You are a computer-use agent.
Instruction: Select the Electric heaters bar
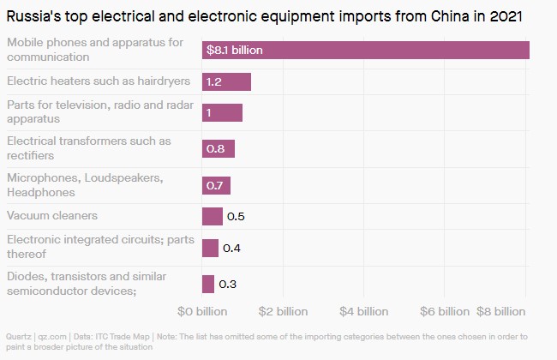coord(226,81)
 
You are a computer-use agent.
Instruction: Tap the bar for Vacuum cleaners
coord(212,216)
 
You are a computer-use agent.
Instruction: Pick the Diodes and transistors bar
coord(207,284)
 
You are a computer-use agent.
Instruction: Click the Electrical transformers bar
coord(218,149)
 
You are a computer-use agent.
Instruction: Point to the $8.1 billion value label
coord(234,51)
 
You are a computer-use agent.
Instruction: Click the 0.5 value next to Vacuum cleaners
coord(236,216)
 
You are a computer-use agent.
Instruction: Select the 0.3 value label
coord(228,284)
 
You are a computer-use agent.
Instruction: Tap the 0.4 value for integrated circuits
coord(231,249)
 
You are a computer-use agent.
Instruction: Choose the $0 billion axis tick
coord(202,309)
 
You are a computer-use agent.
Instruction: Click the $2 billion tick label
coord(278,309)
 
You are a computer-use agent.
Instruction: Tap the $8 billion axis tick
coord(502,309)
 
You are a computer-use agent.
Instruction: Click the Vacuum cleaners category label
coord(52,215)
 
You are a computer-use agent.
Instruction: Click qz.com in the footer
coord(51,338)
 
